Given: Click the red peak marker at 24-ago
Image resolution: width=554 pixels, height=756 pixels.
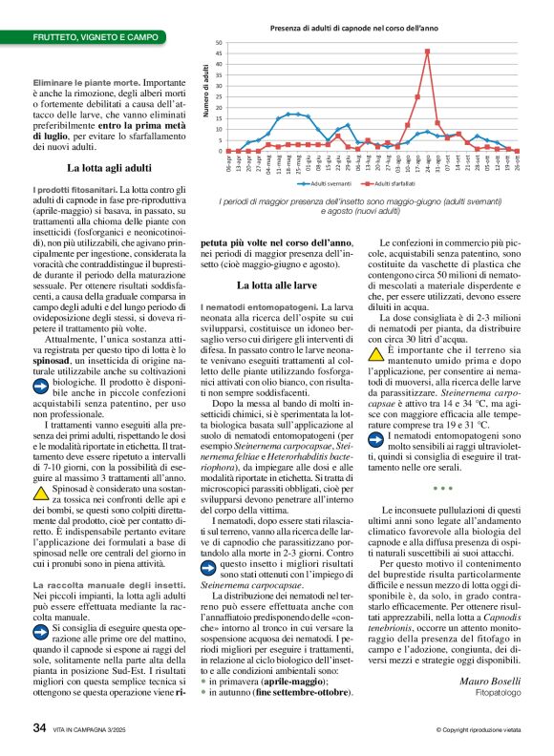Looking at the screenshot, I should (427, 52).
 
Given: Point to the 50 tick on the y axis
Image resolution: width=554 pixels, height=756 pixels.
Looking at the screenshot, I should (219, 43).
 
